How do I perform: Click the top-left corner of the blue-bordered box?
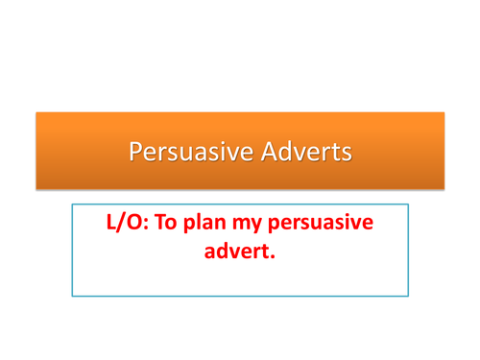72,204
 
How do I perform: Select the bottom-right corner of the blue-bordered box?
408,296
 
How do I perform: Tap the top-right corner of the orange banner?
444,112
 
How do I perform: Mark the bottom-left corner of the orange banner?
36,189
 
